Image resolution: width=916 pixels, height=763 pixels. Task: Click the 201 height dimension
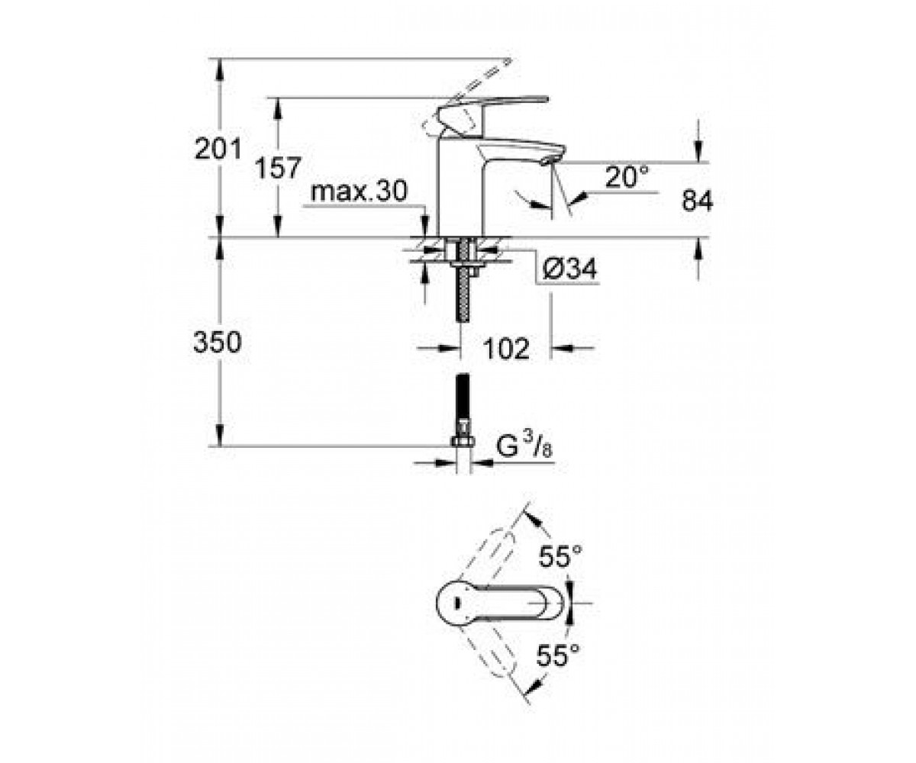[218, 149]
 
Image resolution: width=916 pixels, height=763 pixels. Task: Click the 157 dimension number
[278, 168]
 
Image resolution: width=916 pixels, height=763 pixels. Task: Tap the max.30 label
[359, 191]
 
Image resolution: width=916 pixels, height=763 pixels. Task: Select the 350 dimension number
[218, 343]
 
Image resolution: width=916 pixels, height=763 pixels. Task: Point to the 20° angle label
[626, 177]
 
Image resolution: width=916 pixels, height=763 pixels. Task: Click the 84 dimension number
[697, 201]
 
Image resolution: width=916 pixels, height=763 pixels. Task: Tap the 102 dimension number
[506, 349]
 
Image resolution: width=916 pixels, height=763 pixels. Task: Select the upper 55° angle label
[560, 556]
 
